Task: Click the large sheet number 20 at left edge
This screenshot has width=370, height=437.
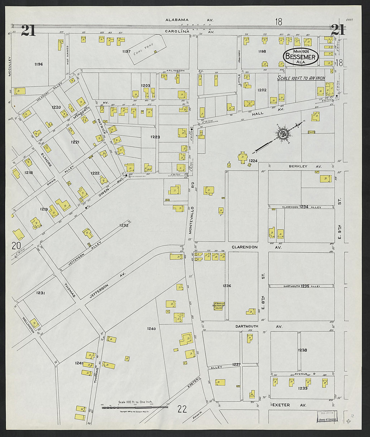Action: [x=16, y=246]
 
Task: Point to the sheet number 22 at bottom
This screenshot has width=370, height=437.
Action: [x=182, y=409]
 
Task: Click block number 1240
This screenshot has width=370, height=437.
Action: [x=151, y=328]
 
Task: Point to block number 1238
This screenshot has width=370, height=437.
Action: [x=302, y=350]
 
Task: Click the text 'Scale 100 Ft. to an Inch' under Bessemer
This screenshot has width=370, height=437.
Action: [x=301, y=78]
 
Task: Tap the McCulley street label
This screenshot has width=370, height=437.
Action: [x=10, y=66]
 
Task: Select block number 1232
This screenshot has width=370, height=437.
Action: [x=123, y=225]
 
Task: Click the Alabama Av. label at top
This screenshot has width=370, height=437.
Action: [x=189, y=20]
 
